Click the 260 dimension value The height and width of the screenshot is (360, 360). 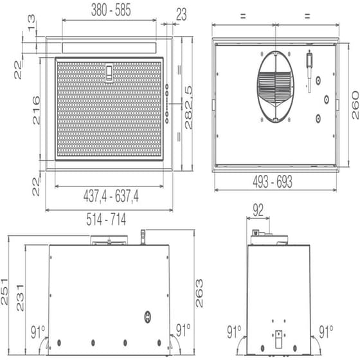(x=354, y=105)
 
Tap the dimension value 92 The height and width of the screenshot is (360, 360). (x=257, y=210)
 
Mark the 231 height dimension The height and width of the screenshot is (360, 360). (x=21, y=298)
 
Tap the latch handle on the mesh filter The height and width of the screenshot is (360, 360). (x=109, y=73)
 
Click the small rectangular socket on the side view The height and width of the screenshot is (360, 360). (x=278, y=335)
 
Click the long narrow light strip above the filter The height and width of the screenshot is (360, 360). (x=109, y=48)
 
